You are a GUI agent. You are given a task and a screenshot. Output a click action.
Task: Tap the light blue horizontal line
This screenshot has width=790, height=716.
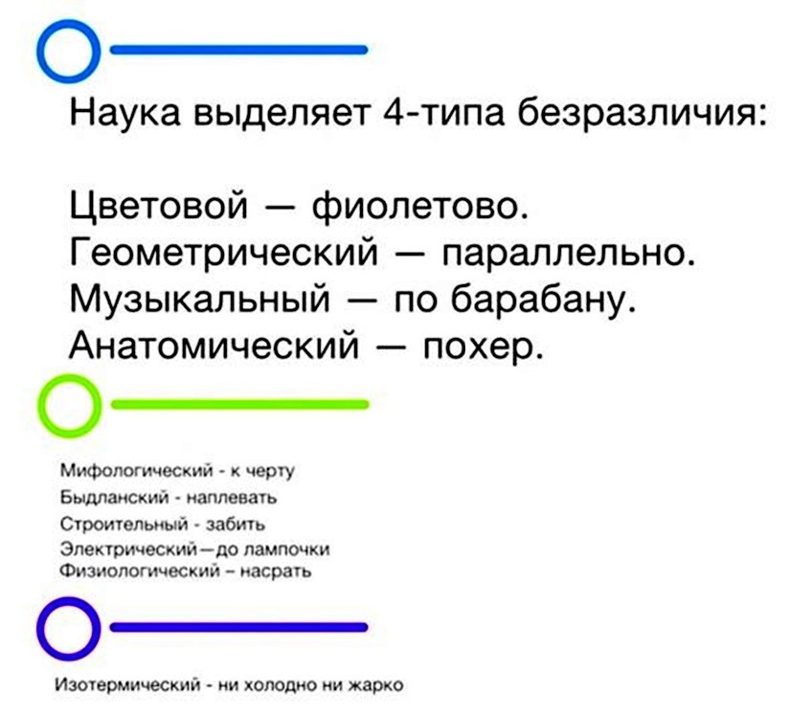coord(238,50)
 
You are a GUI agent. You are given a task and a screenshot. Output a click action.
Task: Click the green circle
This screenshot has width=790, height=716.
coord(44,406)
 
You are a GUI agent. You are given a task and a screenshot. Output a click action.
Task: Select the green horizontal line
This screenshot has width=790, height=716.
coord(239,404)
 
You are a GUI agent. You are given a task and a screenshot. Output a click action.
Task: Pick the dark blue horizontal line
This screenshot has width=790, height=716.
coord(238,627)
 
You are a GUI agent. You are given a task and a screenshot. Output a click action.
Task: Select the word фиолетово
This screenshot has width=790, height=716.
coord(420,205)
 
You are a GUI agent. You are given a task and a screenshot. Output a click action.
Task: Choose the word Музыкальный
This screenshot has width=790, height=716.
coord(199,298)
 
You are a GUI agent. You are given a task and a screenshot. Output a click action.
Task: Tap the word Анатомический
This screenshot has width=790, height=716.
coord(214,345)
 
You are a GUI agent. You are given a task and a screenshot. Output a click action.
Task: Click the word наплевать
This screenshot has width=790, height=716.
coord(232,498)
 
